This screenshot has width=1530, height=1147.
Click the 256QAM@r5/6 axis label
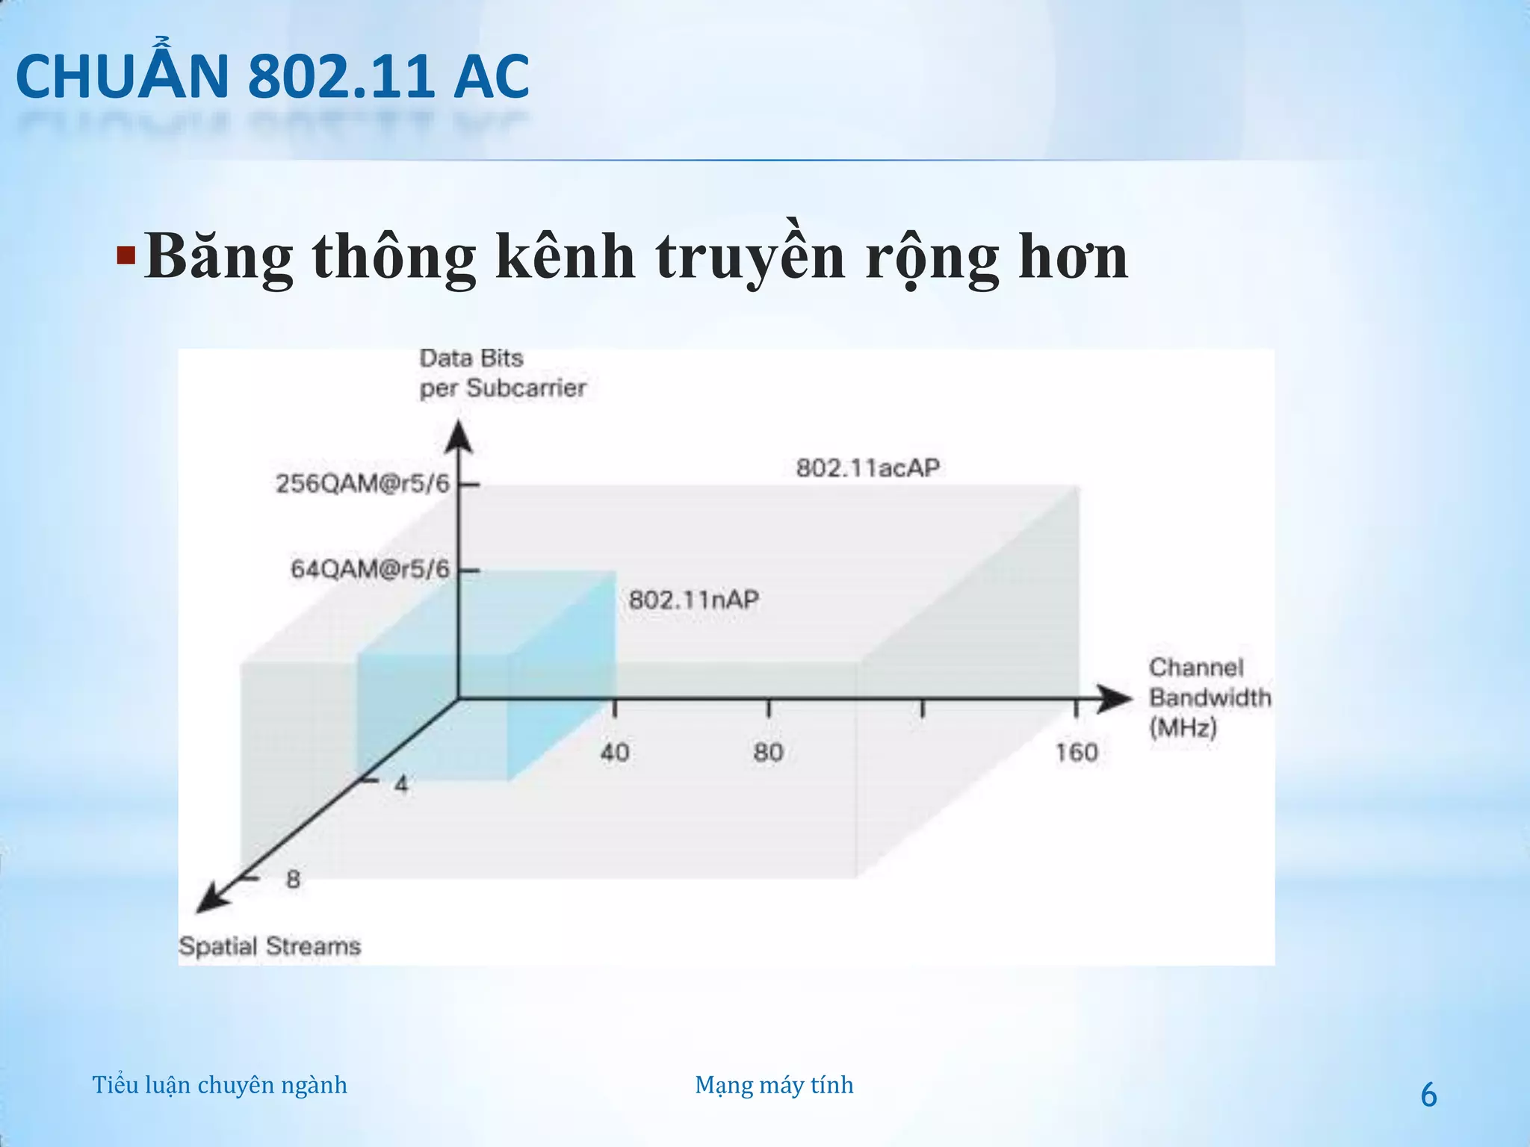(363, 484)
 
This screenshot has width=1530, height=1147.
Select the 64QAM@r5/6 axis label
(371, 570)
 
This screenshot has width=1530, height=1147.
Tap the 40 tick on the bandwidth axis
(615, 752)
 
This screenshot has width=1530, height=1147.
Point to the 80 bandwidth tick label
(769, 752)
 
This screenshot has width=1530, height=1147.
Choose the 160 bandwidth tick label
(1077, 752)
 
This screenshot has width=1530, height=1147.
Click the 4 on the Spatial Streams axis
(401, 784)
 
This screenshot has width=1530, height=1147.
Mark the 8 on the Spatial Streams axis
(293, 879)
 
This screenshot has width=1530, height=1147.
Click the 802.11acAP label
(867, 468)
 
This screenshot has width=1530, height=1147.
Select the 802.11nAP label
(693, 600)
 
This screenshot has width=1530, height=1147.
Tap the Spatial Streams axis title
(270, 946)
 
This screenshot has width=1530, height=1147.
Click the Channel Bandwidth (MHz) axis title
(1209, 697)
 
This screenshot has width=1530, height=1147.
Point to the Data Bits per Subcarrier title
(502, 373)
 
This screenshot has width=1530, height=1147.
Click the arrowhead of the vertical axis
(459, 437)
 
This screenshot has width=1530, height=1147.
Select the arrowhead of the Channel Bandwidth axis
(1115, 698)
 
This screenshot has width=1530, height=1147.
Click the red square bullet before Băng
(126, 257)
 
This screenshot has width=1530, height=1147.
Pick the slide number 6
(1428, 1095)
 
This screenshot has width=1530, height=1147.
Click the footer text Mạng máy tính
(774, 1085)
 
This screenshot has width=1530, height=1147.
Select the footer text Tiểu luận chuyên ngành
(220, 1085)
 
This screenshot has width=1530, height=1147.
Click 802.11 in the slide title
(341, 77)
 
